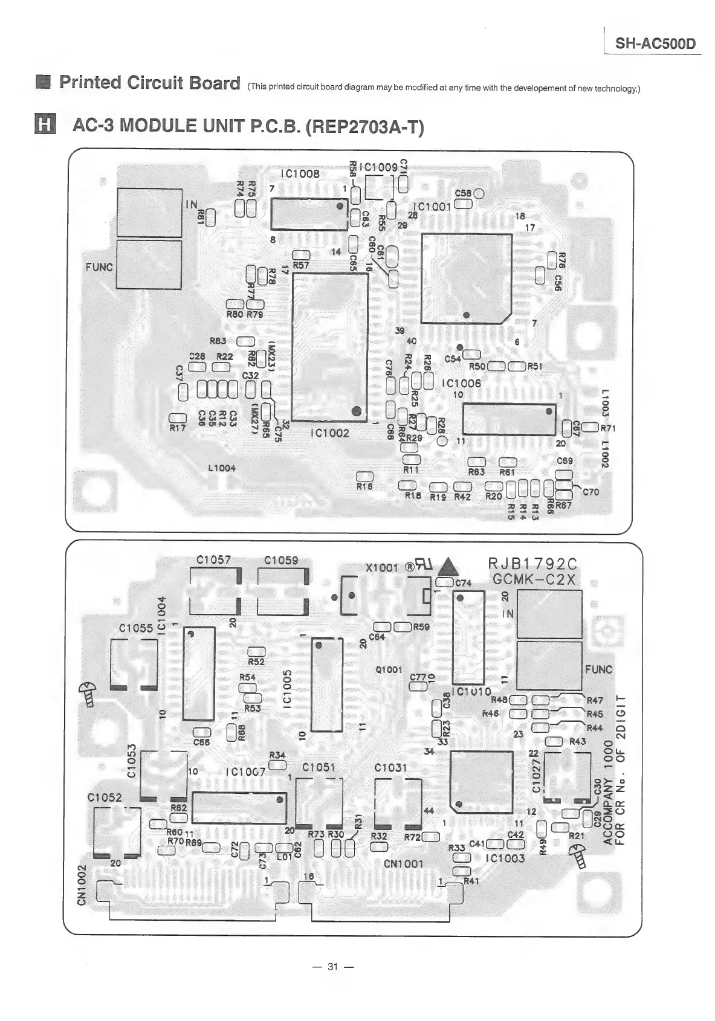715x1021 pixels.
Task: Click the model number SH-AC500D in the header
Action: point(655,44)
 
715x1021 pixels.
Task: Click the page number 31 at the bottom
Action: point(332,966)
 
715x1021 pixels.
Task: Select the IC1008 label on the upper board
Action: point(301,174)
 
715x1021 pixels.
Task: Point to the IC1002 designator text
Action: point(329,433)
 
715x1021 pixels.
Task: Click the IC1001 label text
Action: point(432,207)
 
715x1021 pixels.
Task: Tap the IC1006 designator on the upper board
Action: point(462,383)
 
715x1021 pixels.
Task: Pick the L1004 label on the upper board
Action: point(221,468)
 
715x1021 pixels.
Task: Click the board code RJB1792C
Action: point(532,564)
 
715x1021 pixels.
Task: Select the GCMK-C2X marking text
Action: point(534,579)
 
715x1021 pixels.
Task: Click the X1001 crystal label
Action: point(382,568)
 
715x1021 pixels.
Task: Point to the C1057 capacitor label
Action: point(214,560)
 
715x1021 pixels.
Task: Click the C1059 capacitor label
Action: point(282,560)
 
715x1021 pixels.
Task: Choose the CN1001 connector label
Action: point(404,864)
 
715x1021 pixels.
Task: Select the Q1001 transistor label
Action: point(389,669)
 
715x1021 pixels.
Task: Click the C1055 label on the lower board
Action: point(136,628)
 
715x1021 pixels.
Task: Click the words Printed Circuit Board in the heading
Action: point(149,83)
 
